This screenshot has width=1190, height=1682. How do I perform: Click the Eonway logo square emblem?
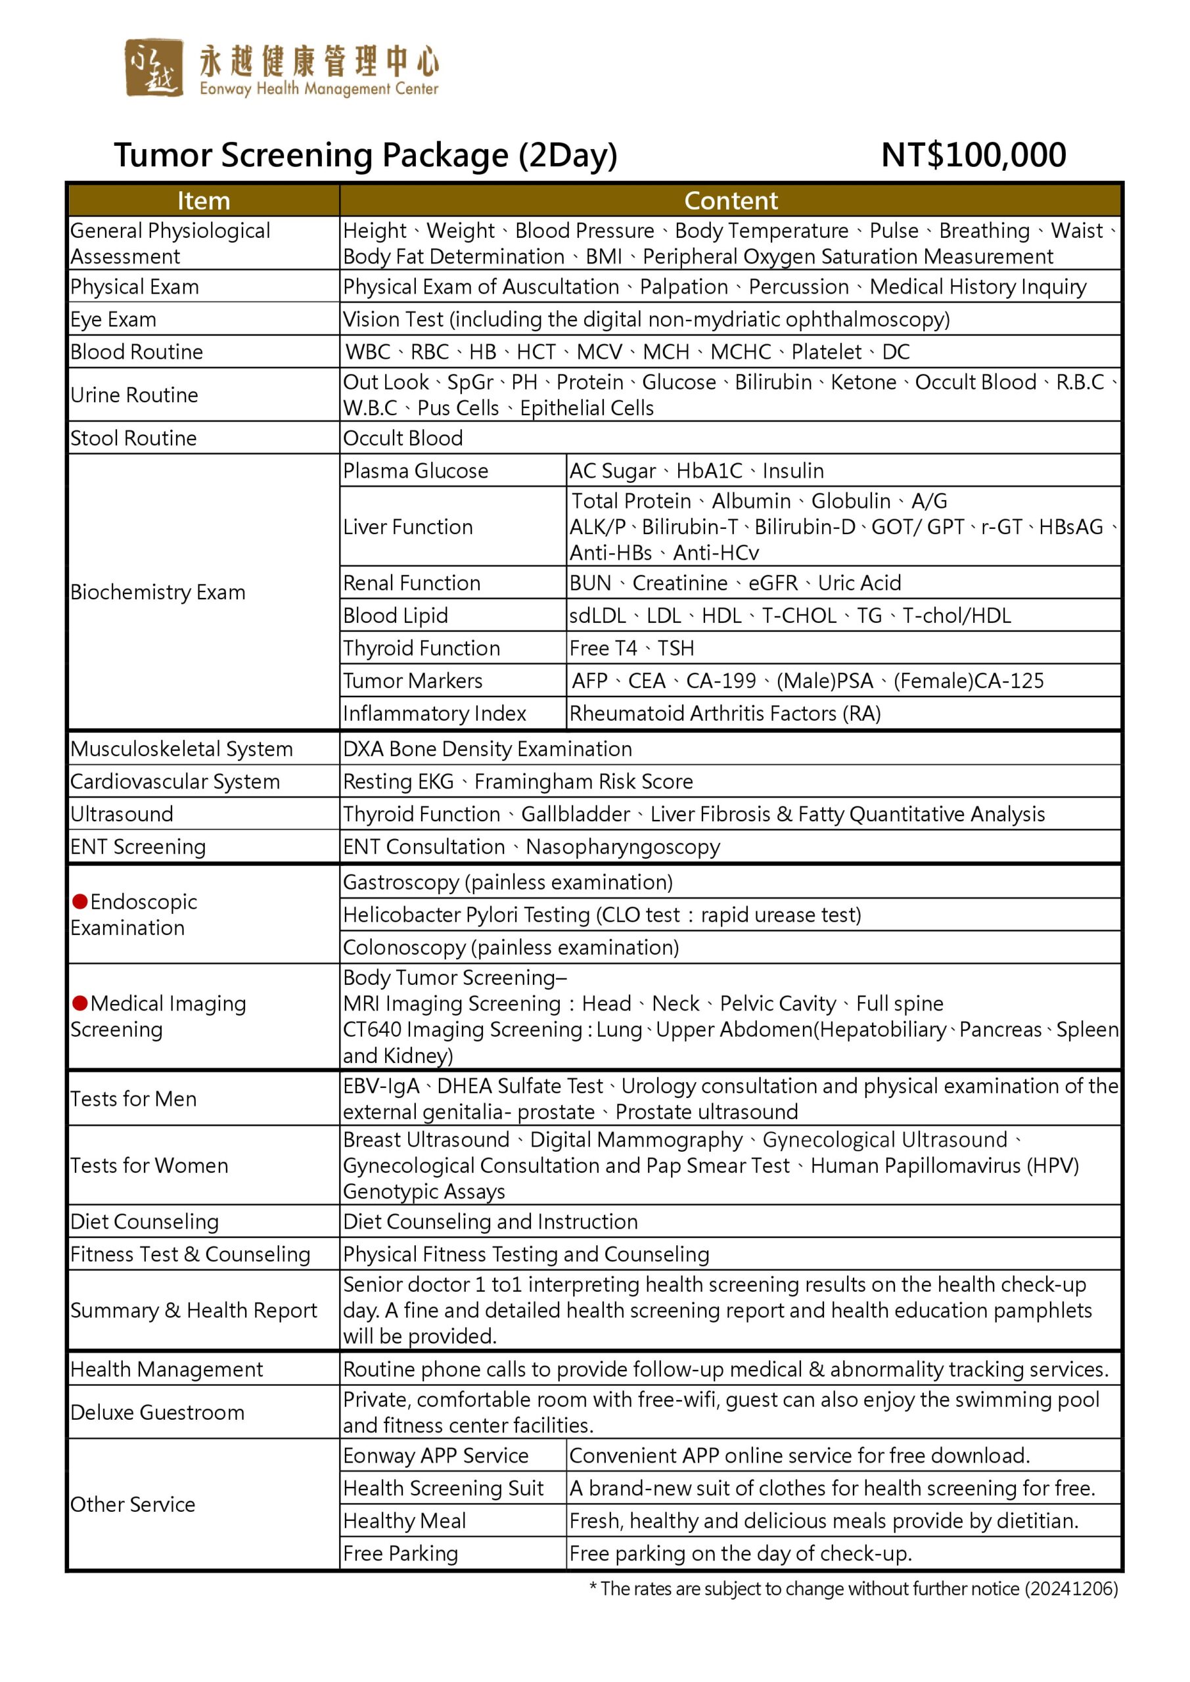tap(153, 68)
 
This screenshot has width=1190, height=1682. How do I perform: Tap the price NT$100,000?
tap(973, 155)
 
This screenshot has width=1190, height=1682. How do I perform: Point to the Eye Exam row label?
tap(114, 319)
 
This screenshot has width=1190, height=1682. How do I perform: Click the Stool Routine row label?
tap(133, 438)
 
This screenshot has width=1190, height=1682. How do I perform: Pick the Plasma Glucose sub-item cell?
tap(415, 470)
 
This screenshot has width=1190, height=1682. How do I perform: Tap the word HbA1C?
tap(708, 470)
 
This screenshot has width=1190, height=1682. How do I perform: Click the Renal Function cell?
tap(412, 583)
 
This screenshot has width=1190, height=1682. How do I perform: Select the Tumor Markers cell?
tap(413, 681)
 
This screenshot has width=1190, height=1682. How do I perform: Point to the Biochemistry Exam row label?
tap(158, 592)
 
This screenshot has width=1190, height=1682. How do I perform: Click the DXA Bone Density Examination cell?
tap(488, 749)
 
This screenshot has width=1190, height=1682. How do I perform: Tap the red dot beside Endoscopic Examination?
tap(80, 901)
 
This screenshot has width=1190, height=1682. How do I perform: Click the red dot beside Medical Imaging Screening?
tap(80, 1003)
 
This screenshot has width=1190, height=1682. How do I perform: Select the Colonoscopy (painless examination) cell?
tap(511, 947)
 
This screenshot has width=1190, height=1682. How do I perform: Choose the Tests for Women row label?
tap(149, 1166)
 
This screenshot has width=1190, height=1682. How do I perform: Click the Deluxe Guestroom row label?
tap(158, 1413)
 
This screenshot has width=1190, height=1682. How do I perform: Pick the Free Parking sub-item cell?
tap(400, 1553)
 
